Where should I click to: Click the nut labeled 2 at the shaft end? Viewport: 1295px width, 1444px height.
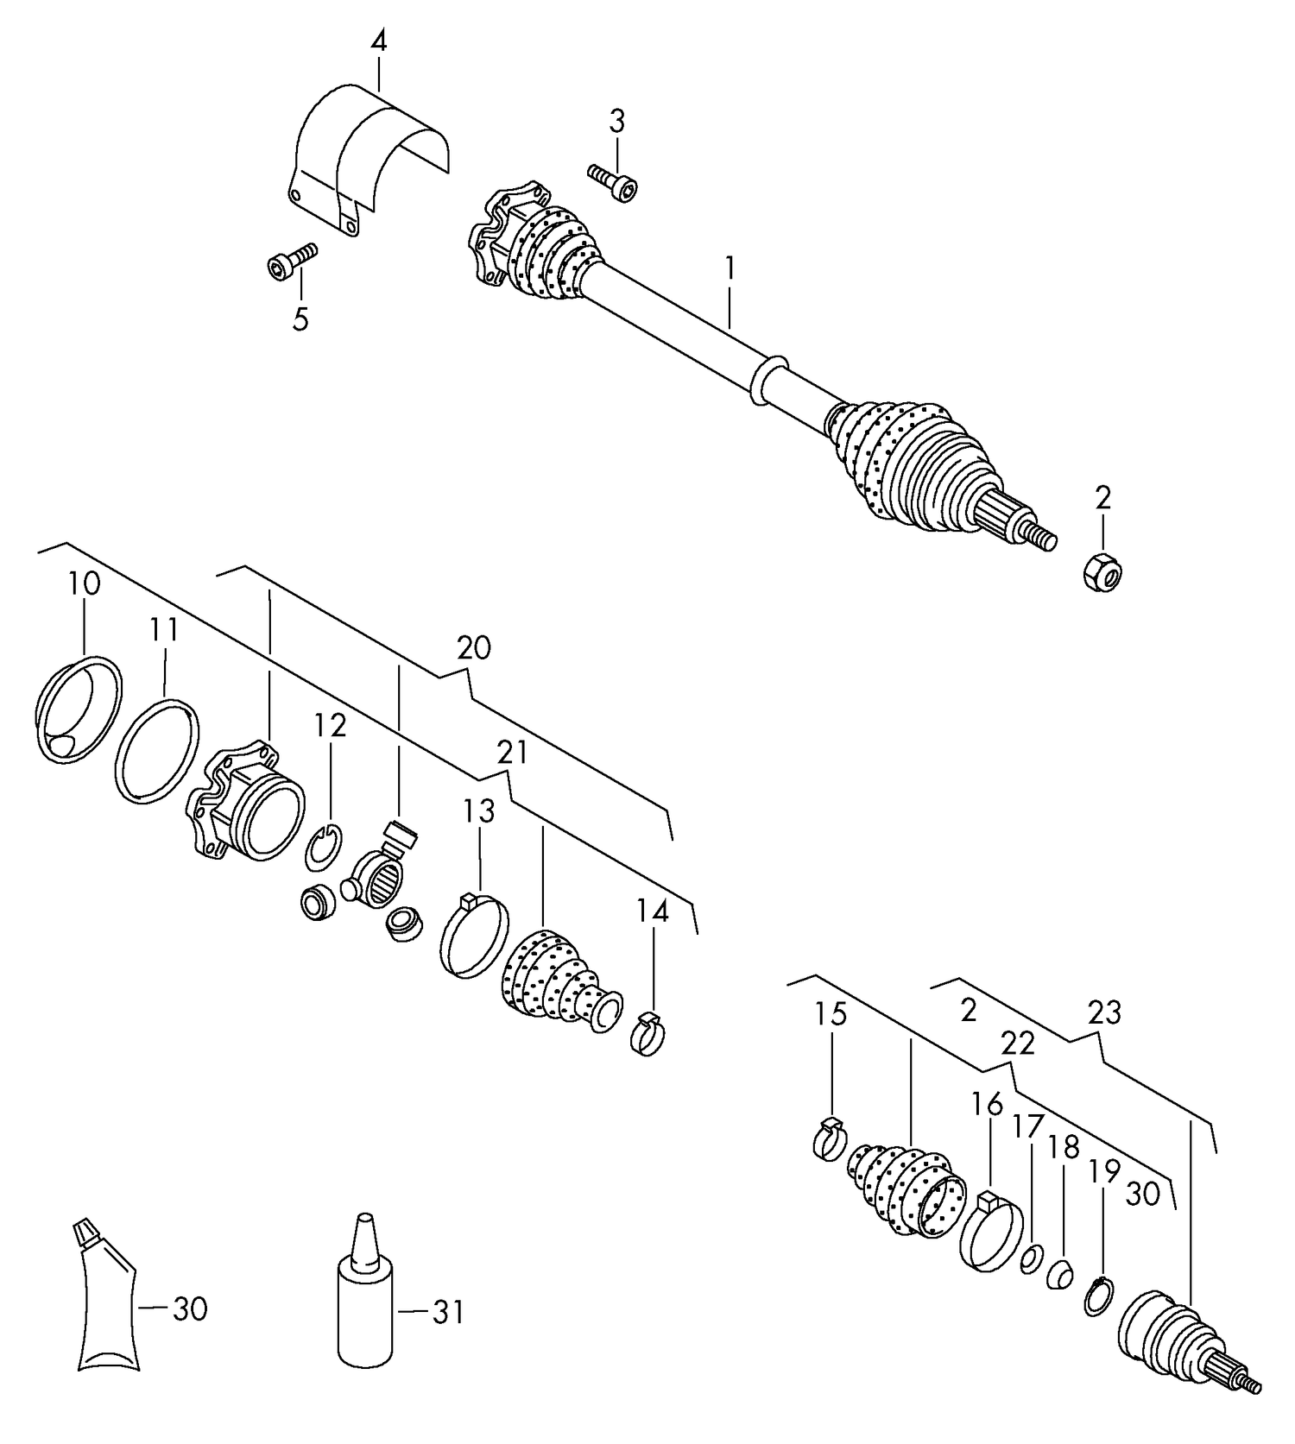click(1102, 572)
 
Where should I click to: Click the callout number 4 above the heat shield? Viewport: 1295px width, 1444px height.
click(378, 41)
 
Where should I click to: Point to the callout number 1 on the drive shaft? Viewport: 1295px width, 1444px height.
click(730, 268)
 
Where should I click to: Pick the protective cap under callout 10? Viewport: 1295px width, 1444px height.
click(78, 709)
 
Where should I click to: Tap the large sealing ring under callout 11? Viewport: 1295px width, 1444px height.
click(156, 751)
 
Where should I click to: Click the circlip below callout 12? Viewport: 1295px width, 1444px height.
click(324, 848)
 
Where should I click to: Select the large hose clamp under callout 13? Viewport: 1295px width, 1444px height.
click(474, 936)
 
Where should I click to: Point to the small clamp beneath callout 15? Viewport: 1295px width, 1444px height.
click(831, 1140)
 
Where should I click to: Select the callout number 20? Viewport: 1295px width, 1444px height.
click(474, 647)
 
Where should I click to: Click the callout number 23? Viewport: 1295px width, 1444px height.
click(1103, 1012)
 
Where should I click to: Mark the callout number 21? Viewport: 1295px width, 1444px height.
click(511, 753)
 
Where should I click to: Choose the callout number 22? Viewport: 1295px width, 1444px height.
click(1018, 1044)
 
